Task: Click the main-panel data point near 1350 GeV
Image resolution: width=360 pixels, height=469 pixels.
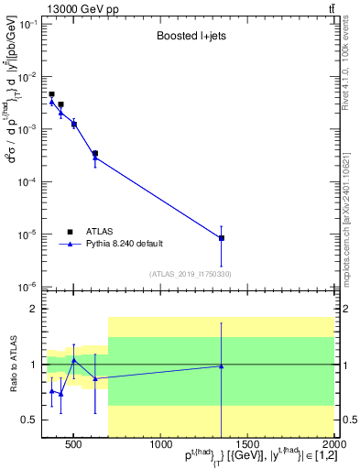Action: pyautogui.click(x=221, y=238)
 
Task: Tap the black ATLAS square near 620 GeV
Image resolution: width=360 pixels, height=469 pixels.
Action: pyautogui.click(x=94, y=153)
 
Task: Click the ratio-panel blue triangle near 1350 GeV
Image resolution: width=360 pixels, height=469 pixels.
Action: pyautogui.click(x=221, y=366)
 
